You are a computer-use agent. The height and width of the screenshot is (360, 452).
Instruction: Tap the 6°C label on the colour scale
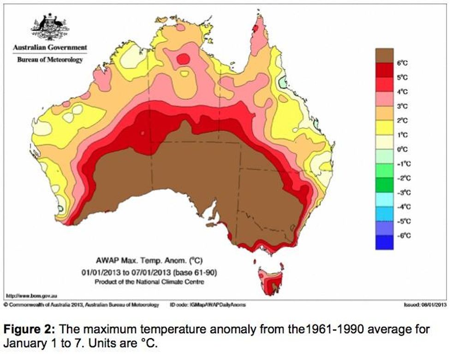coord(403,63)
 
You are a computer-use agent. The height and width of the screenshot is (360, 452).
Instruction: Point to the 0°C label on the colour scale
coord(403,149)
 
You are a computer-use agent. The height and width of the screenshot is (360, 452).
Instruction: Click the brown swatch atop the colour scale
coord(384,55)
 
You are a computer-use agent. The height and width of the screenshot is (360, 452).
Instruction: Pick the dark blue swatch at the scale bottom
coord(384,242)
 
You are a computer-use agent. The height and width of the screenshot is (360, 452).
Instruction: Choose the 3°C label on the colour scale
coord(403,106)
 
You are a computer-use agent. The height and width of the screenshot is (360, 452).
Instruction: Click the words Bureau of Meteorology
coord(50,60)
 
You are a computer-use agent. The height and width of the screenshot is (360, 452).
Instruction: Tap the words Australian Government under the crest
coord(50,47)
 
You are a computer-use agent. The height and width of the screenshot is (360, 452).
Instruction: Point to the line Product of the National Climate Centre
coord(149,281)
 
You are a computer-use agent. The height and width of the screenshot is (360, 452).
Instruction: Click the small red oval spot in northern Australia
coord(183,59)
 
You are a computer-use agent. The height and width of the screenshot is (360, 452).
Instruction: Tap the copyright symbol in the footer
coord(6,305)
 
